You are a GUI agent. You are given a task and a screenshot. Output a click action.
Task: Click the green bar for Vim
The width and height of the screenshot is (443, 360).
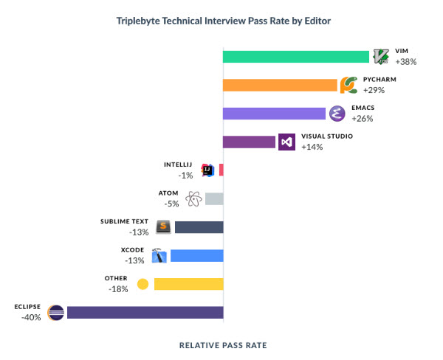click(295, 57)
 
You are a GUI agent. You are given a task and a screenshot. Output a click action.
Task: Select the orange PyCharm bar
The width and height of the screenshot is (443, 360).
click(281, 85)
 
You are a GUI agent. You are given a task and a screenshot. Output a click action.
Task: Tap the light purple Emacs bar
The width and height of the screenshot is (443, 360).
click(274, 113)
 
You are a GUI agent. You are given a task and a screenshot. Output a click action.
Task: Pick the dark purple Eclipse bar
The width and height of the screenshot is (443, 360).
click(145, 312)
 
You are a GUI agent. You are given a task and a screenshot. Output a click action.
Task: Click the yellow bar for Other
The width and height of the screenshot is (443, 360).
click(188, 284)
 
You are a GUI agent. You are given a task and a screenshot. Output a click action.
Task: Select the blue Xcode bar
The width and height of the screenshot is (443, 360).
click(196, 256)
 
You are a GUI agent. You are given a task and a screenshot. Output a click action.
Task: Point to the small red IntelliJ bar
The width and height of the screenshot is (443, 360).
click(221, 170)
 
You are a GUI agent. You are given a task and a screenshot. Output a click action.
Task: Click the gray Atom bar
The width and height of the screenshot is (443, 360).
click(214, 198)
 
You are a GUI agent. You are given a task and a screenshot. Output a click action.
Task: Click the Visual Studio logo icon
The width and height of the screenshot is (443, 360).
click(287, 142)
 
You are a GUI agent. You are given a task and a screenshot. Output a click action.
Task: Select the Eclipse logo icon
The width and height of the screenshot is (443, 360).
click(55, 312)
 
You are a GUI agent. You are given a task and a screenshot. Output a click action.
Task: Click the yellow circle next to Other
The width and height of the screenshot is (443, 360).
click(142, 284)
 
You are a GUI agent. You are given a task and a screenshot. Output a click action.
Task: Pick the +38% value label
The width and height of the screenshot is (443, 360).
click(406, 62)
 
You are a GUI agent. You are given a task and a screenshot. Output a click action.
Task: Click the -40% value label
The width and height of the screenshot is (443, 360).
click(32, 317)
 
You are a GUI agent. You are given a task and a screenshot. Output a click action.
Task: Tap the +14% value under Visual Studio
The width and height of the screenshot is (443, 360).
click(312, 147)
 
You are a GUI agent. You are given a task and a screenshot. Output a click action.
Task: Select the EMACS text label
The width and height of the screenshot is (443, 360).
click(363, 108)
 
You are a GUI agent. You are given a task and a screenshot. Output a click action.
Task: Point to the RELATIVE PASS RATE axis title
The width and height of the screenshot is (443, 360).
click(223, 345)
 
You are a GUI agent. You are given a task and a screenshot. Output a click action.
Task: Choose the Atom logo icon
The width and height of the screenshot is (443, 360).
click(193, 198)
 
